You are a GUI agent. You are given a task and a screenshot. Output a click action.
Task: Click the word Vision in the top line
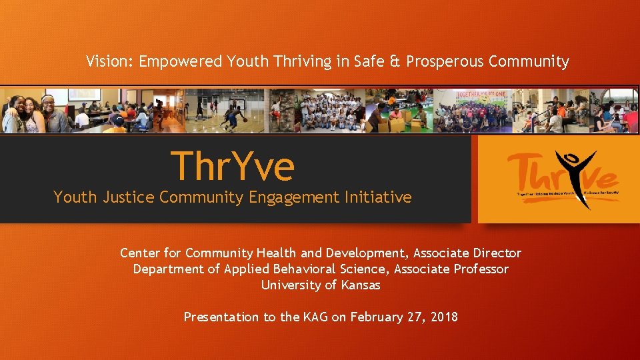[108, 62]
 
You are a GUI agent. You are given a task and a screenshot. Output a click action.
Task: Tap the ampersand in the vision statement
[395, 62]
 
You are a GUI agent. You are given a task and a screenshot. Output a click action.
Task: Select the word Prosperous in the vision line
[445, 62]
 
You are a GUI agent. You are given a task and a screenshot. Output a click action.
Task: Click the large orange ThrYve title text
[232, 166]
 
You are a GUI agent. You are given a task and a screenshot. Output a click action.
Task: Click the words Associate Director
[467, 253]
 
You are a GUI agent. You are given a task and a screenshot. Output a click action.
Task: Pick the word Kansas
[360, 285]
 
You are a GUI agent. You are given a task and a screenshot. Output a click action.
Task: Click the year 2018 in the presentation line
[443, 317]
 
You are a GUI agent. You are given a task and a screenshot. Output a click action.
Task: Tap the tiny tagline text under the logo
[563, 195]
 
